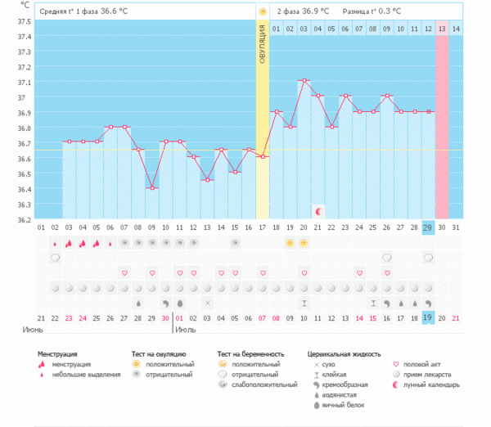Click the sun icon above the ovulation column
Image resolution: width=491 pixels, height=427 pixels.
tap(263, 11)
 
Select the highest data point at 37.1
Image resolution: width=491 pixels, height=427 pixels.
tap(304, 80)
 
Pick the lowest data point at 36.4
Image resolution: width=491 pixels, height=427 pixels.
tap(151, 187)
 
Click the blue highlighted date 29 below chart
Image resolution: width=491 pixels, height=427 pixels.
tap(428, 227)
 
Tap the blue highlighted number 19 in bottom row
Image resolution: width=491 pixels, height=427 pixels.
tap(428, 317)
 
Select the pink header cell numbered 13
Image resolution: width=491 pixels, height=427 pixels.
tap(442, 29)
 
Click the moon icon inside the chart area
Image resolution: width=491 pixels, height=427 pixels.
tap(318, 210)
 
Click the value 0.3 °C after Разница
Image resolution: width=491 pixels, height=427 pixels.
tap(386, 11)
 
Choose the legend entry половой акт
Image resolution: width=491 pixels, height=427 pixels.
tap(426, 364)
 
